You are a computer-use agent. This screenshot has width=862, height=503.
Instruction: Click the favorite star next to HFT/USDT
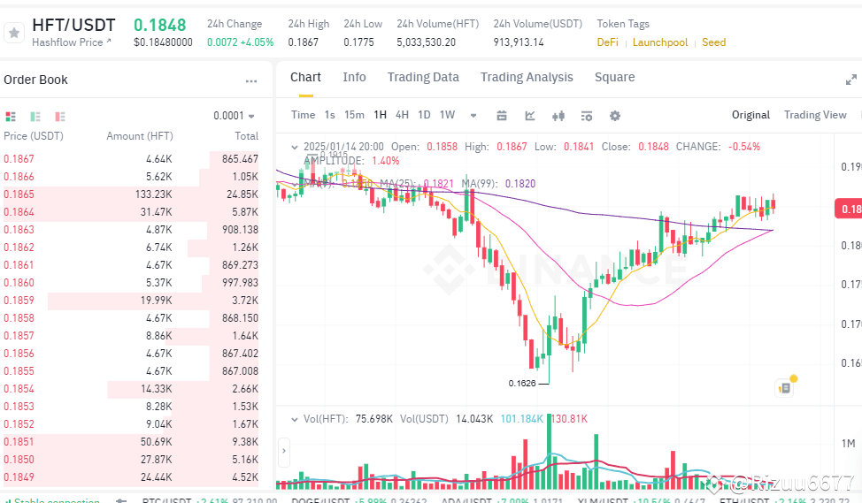click(x=14, y=33)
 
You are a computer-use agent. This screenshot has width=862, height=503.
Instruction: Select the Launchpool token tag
click(x=659, y=42)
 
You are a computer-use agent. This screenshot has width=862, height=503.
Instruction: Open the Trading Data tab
click(x=423, y=77)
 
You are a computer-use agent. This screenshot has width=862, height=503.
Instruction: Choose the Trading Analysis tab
click(x=527, y=77)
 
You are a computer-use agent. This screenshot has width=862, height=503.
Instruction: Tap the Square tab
click(x=614, y=77)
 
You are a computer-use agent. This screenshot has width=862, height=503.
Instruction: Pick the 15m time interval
click(x=354, y=115)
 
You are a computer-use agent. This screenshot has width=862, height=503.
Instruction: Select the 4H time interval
click(x=402, y=115)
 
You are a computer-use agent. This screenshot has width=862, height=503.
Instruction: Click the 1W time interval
click(x=447, y=115)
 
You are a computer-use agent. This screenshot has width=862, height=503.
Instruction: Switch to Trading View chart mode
click(x=815, y=115)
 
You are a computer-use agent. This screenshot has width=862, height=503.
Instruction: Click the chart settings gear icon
click(x=615, y=116)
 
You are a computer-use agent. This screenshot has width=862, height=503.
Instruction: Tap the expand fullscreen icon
click(x=850, y=80)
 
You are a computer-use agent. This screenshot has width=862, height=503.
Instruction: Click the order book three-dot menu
click(x=251, y=81)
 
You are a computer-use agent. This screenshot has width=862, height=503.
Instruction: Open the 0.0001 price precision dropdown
click(x=234, y=116)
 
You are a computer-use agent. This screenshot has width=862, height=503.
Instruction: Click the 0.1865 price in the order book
click(x=19, y=194)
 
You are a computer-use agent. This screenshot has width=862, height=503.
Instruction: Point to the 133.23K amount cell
click(x=153, y=194)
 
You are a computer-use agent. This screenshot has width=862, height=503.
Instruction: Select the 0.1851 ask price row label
click(x=19, y=442)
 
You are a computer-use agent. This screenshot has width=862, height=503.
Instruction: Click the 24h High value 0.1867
click(x=303, y=42)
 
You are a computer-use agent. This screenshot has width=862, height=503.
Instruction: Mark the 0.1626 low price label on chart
click(x=522, y=383)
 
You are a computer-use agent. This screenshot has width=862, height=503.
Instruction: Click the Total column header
click(x=246, y=136)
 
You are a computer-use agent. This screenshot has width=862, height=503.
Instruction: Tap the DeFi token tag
click(x=607, y=42)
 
